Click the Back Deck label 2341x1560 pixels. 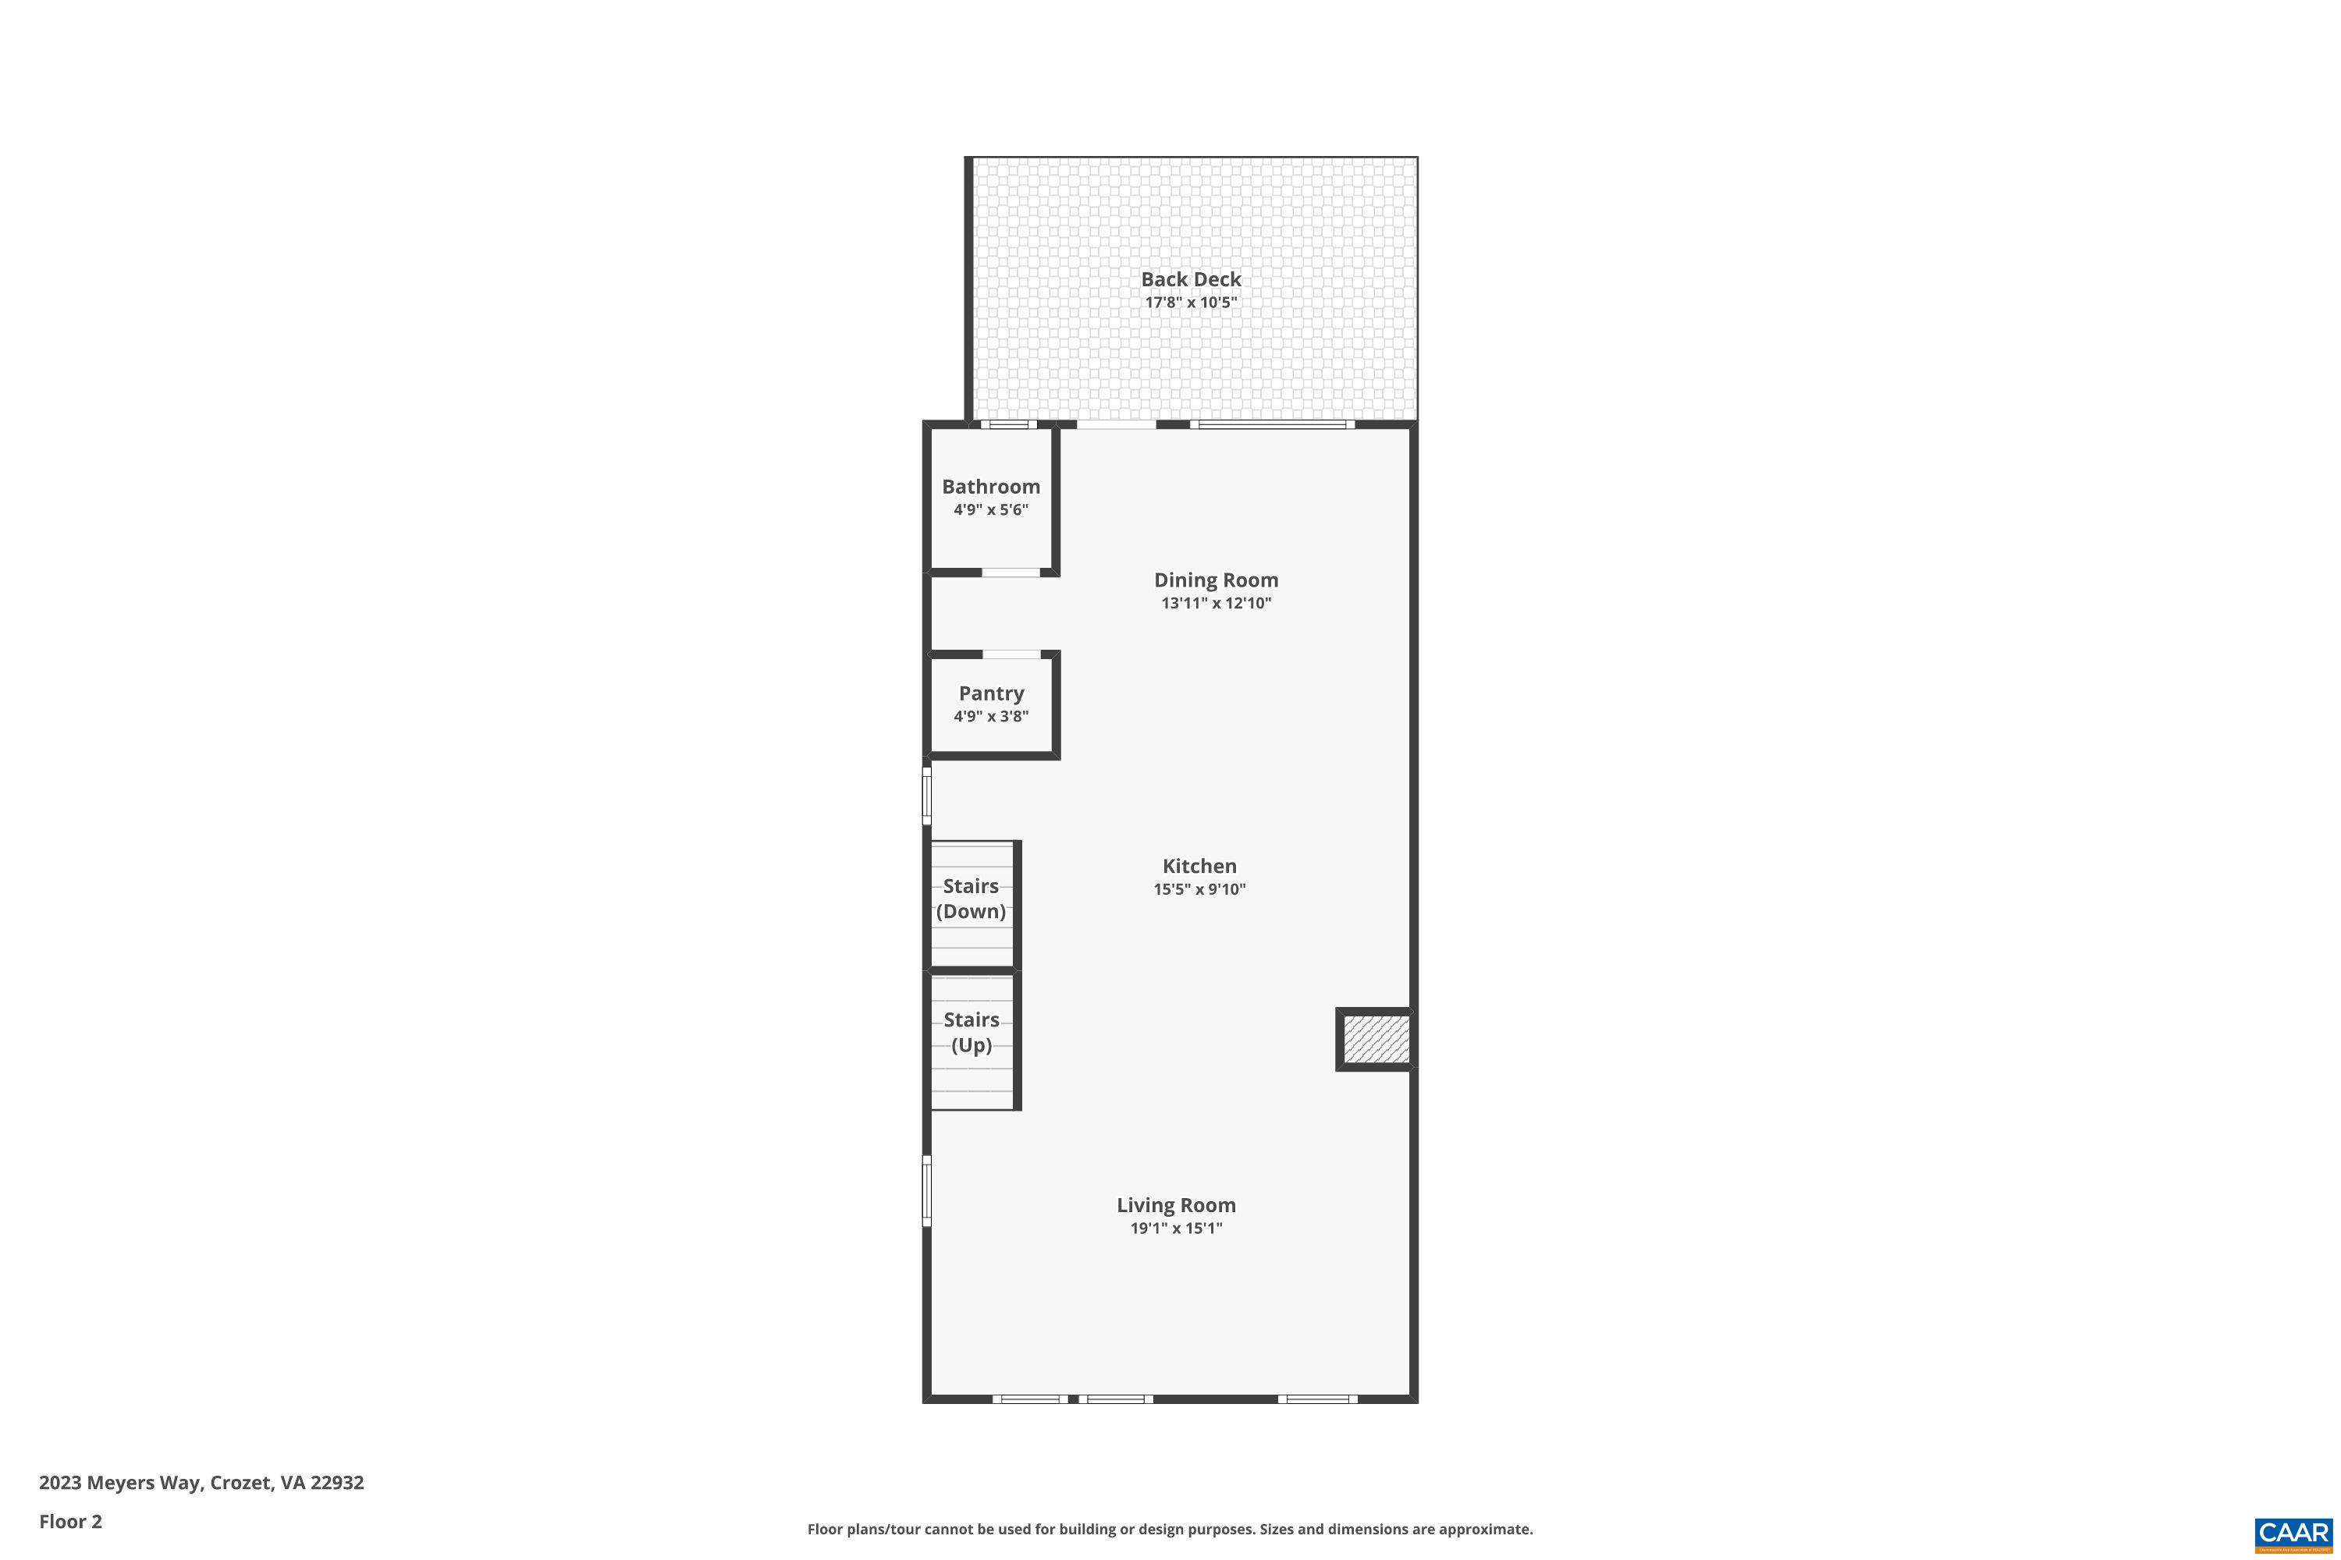coord(1191,279)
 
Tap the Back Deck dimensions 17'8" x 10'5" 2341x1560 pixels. coord(1191,303)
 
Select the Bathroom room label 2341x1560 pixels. coord(990,487)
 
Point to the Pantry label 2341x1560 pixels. coord(990,693)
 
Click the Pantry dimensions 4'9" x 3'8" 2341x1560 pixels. coord(990,716)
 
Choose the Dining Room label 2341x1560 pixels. coord(1215,580)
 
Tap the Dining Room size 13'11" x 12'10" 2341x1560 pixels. coord(1215,603)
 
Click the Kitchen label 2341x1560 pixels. coord(1199,867)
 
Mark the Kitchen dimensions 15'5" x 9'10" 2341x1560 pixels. coord(1199,889)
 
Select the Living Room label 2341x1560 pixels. coord(1175,1205)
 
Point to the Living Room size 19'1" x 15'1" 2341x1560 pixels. coord(1175,1228)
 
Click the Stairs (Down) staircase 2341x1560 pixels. coord(972,904)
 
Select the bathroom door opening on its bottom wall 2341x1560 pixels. coord(1011,573)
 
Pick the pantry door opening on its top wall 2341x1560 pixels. coord(1011,654)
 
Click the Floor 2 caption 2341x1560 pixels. coord(71,1521)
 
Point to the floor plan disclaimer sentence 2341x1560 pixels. coord(1170,1529)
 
